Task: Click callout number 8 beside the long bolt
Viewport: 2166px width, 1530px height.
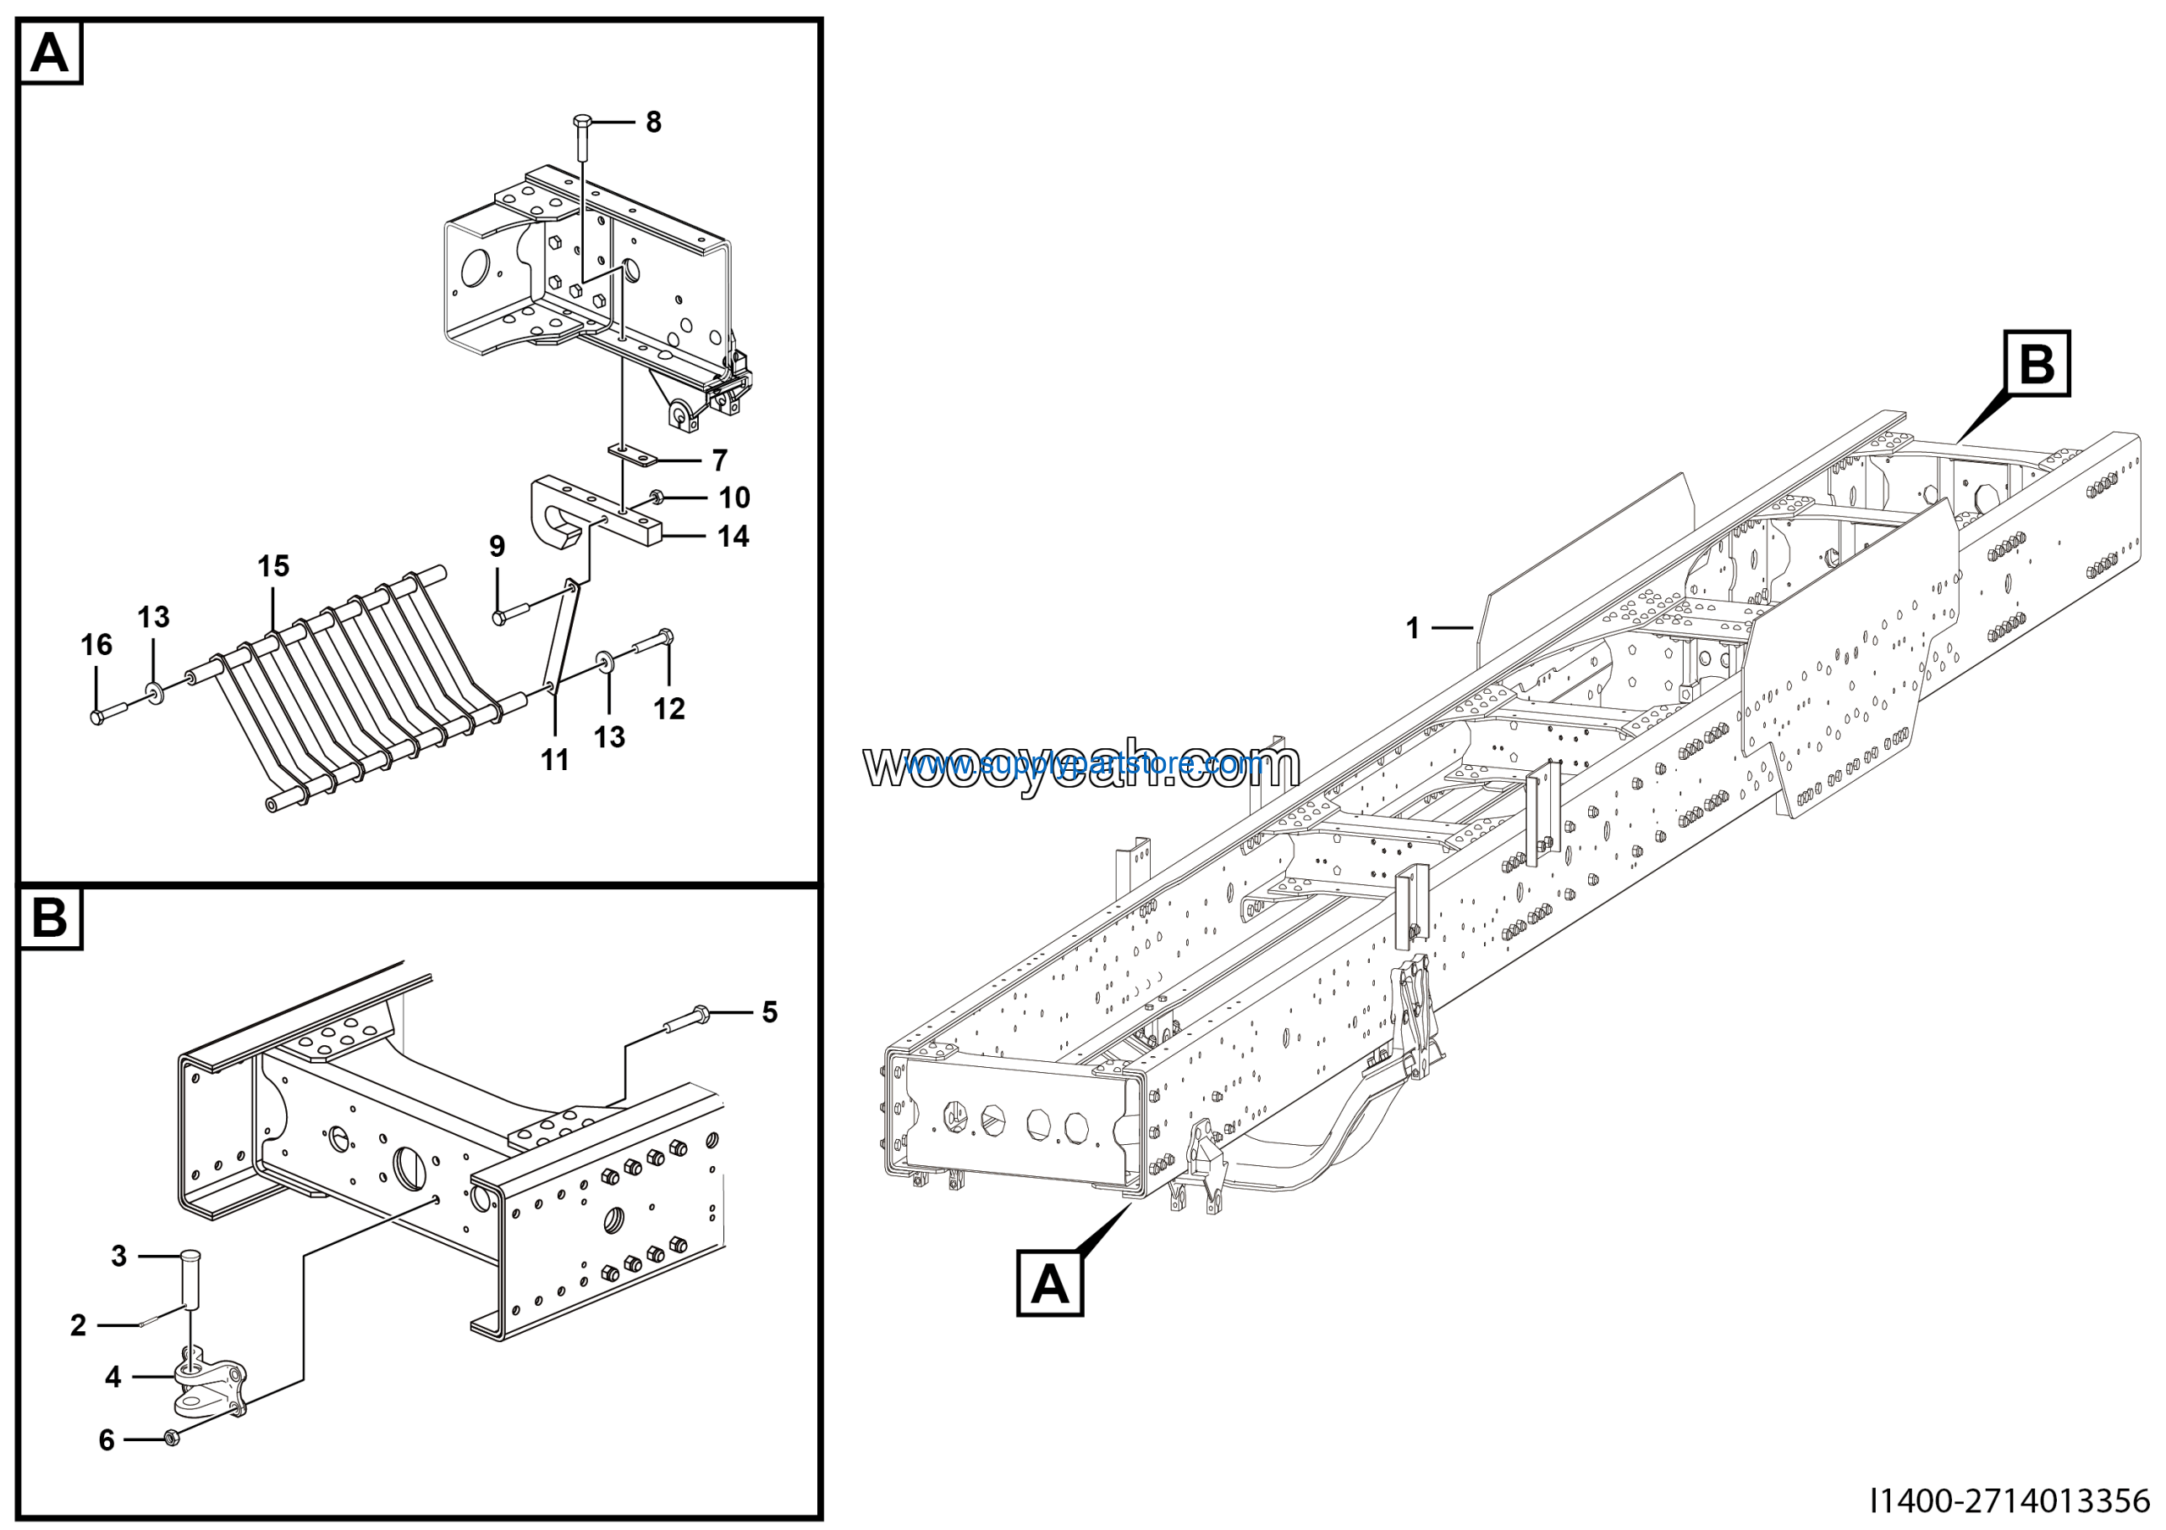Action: pyautogui.click(x=653, y=122)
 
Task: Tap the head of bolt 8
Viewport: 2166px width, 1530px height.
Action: pyautogui.click(x=583, y=122)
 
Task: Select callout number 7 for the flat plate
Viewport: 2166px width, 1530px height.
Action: pyautogui.click(x=720, y=460)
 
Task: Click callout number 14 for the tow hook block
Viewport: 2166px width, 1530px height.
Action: pyautogui.click(x=733, y=537)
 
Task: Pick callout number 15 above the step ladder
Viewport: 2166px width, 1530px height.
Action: pyautogui.click(x=273, y=566)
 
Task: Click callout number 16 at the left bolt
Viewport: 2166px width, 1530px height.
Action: pyautogui.click(x=96, y=645)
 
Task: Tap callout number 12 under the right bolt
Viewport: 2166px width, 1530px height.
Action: pyautogui.click(x=669, y=708)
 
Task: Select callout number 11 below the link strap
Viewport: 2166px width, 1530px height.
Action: pyautogui.click(x=555, y=759)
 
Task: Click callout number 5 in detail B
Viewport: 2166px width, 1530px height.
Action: pyautogui.click(x=770, y=1012)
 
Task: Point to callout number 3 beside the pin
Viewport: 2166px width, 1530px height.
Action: pyautogui.click(x=118, y=1256)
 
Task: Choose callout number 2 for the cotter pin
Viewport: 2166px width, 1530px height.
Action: pyautogui.click(x=79, y=1325)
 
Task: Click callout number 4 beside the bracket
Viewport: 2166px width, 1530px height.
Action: pyautogui.click(x=113, y=1377)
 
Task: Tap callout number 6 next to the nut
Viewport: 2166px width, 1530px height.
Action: pyautogui.click(x=107, y=1439)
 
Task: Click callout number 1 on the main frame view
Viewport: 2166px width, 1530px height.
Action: pyautogui.click(x=1412, y=627)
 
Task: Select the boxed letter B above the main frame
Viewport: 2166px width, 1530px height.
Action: pyautogui.click(x=2037, y=363)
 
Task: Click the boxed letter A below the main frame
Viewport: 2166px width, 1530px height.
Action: pyautogui.click(x=1049, y=1284)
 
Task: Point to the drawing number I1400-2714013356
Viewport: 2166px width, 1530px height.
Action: pyautogui.click(x=2009, y=1500)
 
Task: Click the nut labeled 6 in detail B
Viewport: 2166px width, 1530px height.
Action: pyautogui.click(x=172, y=1438)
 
